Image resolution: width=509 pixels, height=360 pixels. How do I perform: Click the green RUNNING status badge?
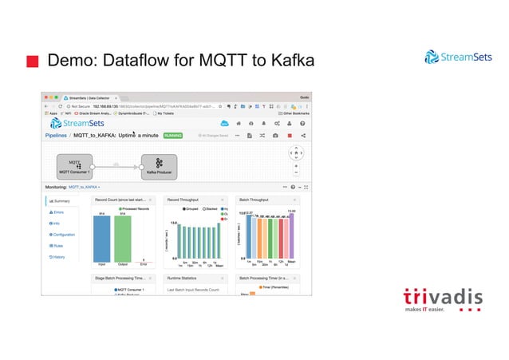pos(173,136)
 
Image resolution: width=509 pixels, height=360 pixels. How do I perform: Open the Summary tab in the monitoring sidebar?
pos(61,201)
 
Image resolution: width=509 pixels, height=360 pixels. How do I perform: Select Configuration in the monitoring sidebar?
pos(64,235)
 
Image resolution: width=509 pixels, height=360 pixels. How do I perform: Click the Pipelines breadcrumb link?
pos(59,136)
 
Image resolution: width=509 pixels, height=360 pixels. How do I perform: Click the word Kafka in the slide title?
pos(287,61)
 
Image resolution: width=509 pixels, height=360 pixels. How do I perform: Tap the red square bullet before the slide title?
pos(33,61)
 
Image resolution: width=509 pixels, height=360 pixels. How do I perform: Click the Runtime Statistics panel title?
pos(186,279)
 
